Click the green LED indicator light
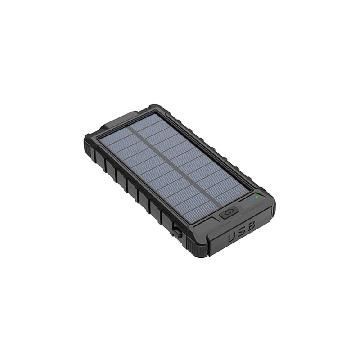tap(257, 197)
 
